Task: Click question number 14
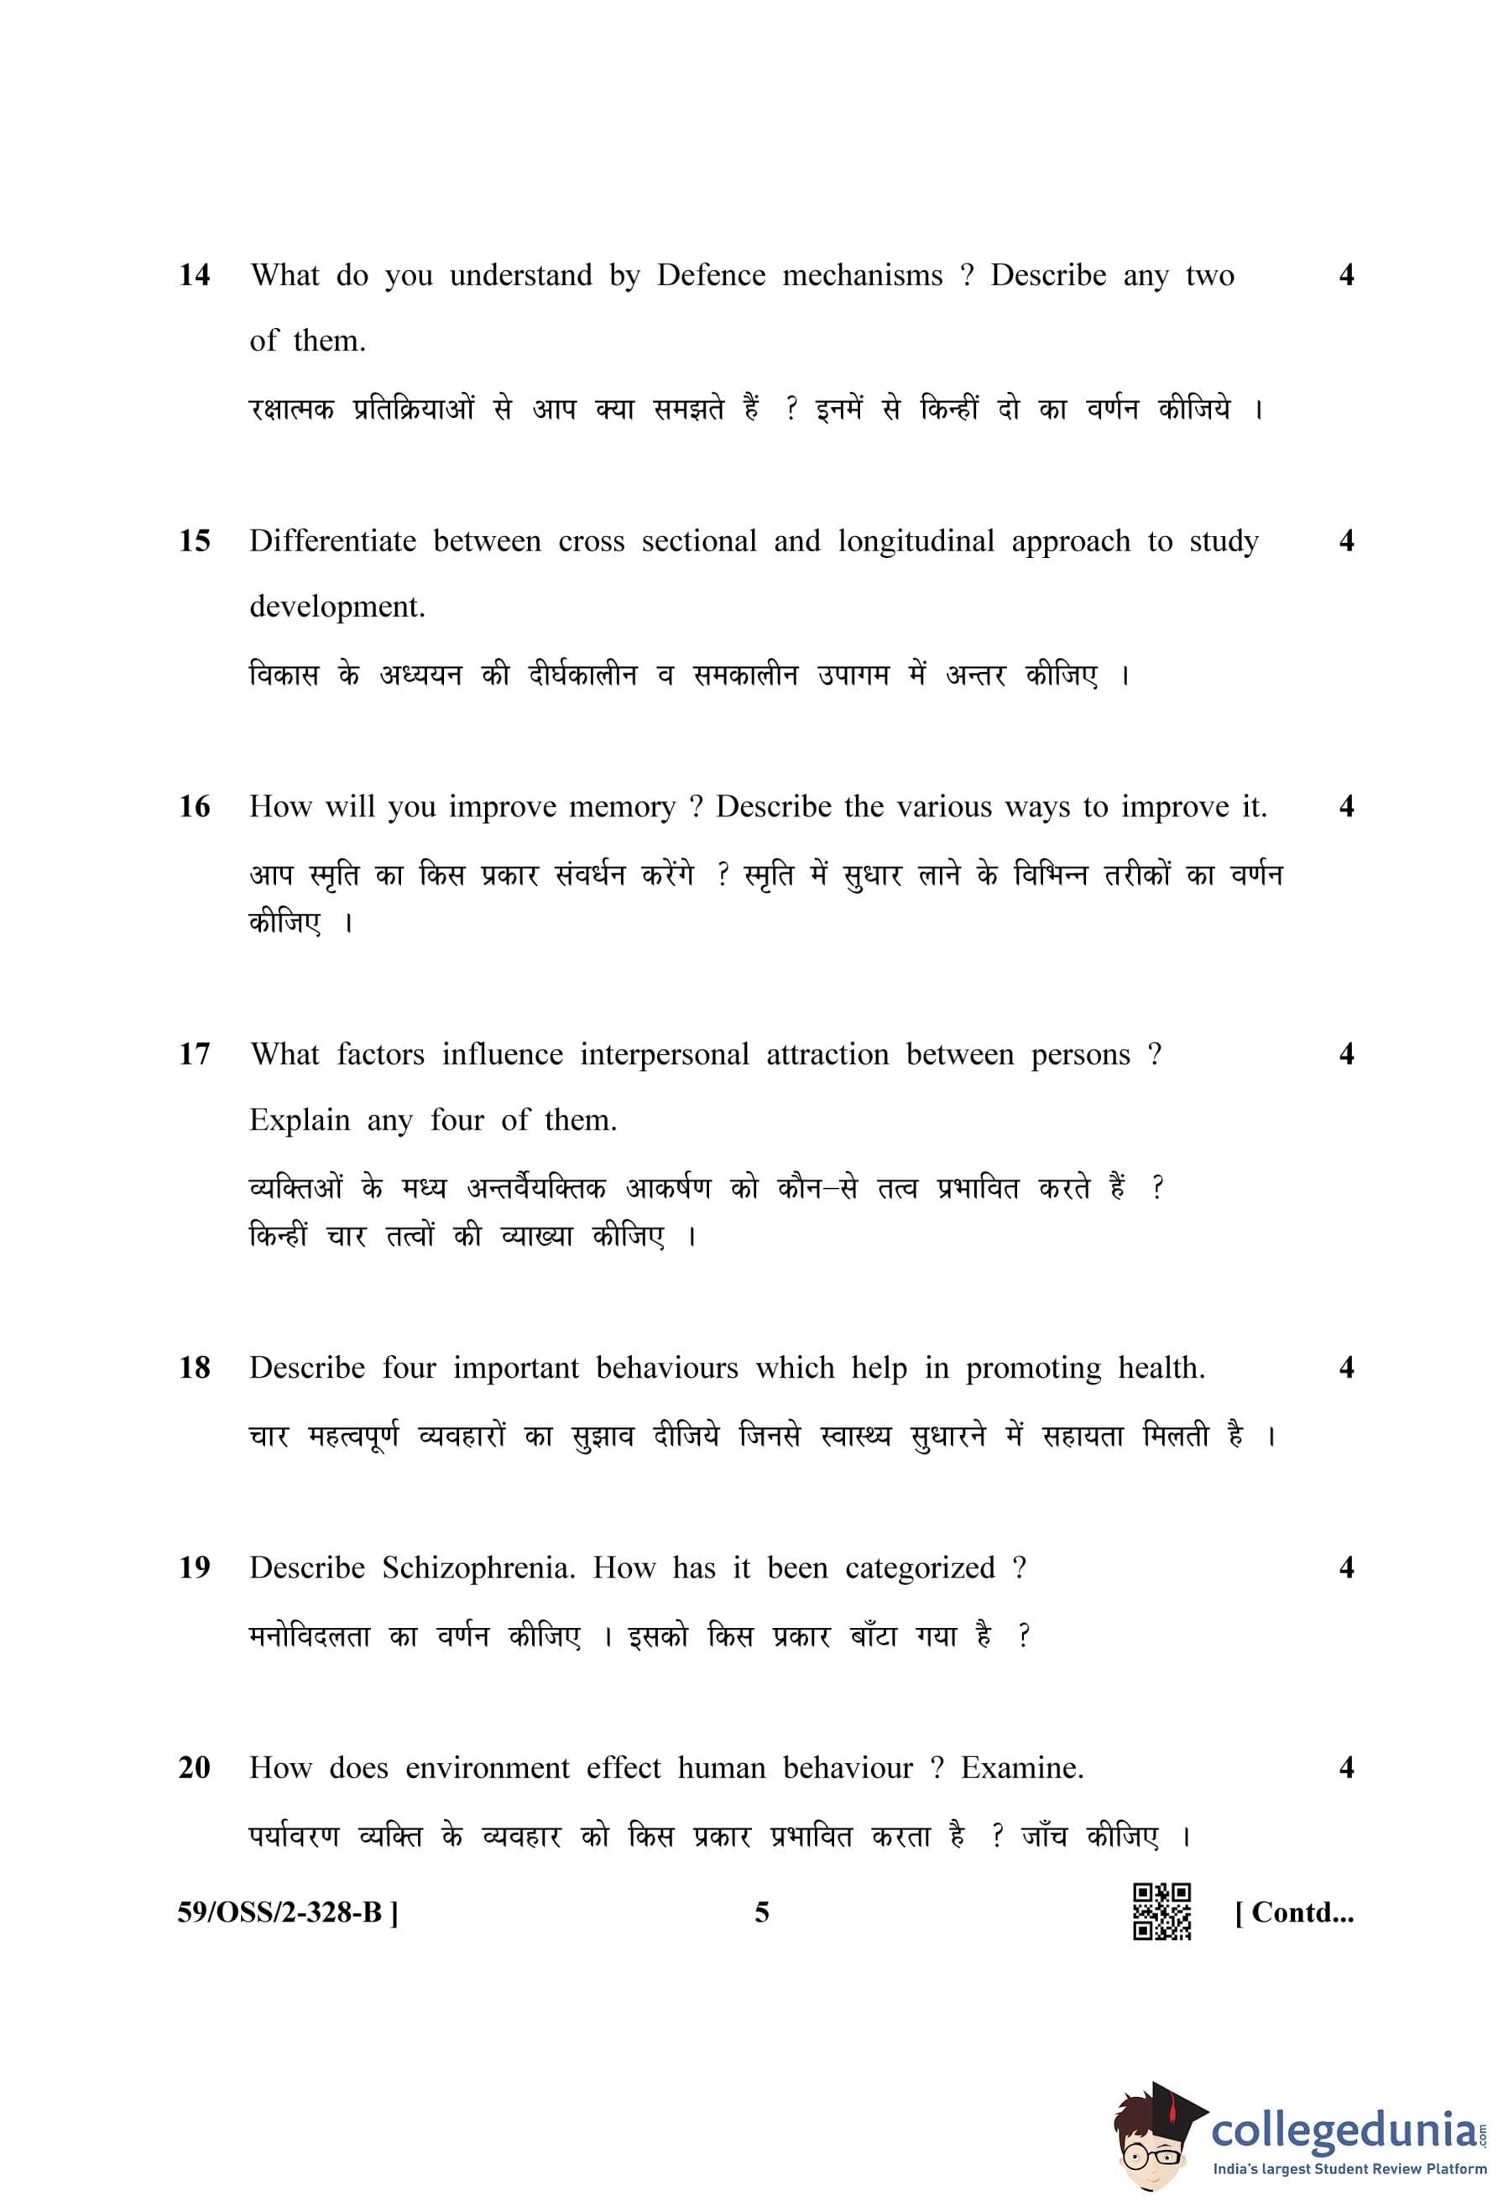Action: (x=194, y=275)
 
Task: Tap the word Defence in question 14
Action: (x=711, y=275)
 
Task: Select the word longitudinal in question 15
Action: (x=916, y=542)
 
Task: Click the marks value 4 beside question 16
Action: (x=1345, y=807)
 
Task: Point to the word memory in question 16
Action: (x=622, y=808)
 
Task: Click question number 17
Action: (x=194, y=1054)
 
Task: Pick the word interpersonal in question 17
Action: (x=665, y=1054)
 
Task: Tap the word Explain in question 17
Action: (x=300, y=1120)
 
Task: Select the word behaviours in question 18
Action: (x=666, y=1368)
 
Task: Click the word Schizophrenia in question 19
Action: (x=478, y=1567)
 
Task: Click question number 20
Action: (x=194, y=1767)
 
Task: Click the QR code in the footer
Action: (x=1161, y=1912)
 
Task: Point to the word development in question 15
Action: (x=337, y=607)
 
